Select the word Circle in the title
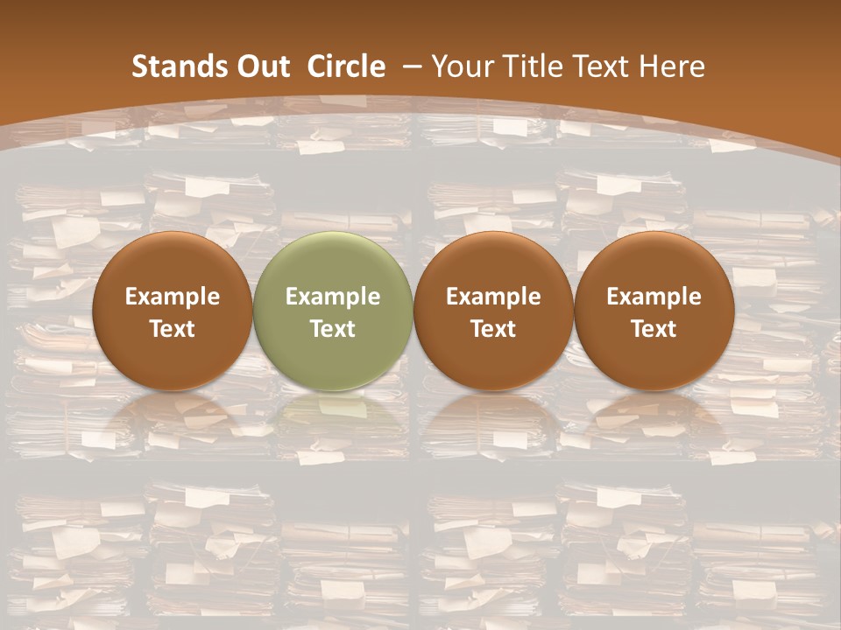point(346,66)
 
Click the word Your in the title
point(463,66)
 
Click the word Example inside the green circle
point(332,297)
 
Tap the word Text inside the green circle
point(332,329)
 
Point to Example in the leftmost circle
point(172,297)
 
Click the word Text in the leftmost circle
point(172,329)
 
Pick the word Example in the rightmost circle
point(654,297)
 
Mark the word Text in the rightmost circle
point(654,329)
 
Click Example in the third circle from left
point(493,297)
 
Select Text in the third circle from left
point(493,329)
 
